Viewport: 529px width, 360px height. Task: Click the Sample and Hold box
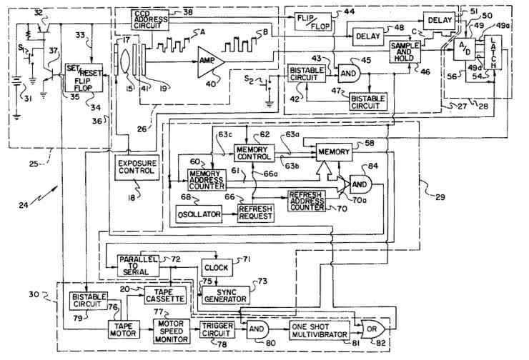tap(404, 49)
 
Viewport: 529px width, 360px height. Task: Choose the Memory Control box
tap(254, 152)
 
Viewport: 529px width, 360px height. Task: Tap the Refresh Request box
tap(255, 211)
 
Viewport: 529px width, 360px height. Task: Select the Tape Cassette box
tap(166, 295)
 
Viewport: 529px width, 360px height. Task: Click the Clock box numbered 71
tap(216, 267)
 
